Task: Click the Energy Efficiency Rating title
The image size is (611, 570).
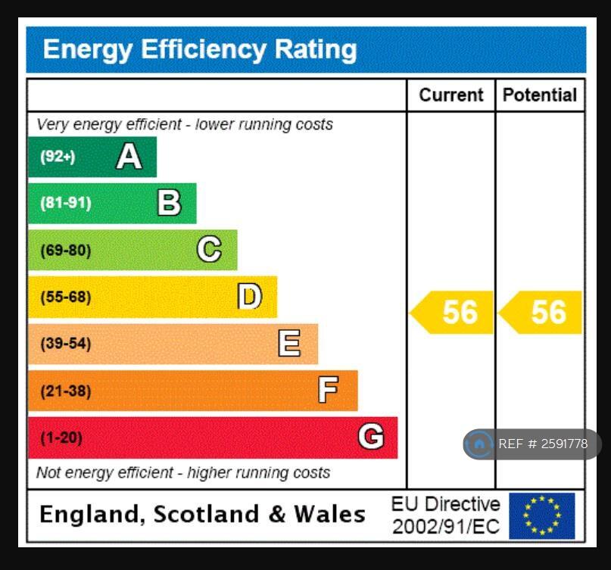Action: coord(199,50)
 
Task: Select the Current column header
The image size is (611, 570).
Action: coord(450,95)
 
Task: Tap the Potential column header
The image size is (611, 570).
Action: coord(539,95)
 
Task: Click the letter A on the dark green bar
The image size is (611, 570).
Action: coord(129,157)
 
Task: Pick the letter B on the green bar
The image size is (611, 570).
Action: coord(169,203)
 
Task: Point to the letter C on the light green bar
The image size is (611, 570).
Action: coord(209,250)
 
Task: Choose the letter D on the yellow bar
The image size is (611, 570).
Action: coord(249,297)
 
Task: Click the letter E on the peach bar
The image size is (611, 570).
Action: coord(289,344)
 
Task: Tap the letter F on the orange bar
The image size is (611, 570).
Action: coord(328,391)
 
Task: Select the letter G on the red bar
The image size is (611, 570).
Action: coord(370,437)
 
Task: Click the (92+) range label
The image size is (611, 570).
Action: coord(58,157)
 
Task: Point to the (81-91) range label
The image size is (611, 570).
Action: coord(65,203)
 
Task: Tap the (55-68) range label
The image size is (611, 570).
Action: coord(65,297)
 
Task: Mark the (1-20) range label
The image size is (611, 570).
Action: coord(61,438)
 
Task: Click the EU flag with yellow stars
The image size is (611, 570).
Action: coord(541,515)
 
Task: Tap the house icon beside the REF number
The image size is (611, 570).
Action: coord(479,444)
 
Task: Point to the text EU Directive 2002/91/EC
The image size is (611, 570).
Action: coord(445,515)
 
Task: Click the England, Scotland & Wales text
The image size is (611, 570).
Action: coord(202,515)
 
